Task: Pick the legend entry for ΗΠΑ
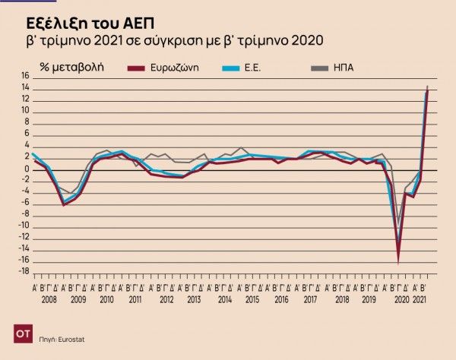[343, 68]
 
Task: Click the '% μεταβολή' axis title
[72, 68]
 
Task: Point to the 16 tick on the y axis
[24, 76]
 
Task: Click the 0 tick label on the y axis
[26, 169]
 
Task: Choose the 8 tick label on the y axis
[26, 122]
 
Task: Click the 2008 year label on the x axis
[48, 300]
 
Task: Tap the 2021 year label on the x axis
[420, 300]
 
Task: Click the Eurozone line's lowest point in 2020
[397, 262]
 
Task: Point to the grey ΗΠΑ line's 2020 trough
[398, 225]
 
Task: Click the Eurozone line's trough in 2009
[64, 204]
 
